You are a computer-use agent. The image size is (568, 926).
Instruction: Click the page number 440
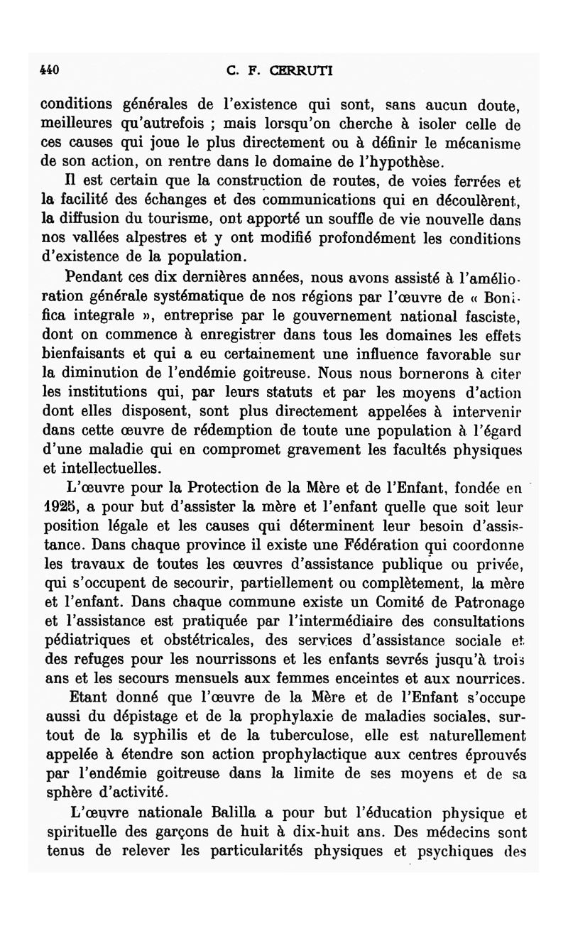point(48,70)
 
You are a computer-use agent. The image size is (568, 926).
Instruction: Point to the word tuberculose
point(300,735)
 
